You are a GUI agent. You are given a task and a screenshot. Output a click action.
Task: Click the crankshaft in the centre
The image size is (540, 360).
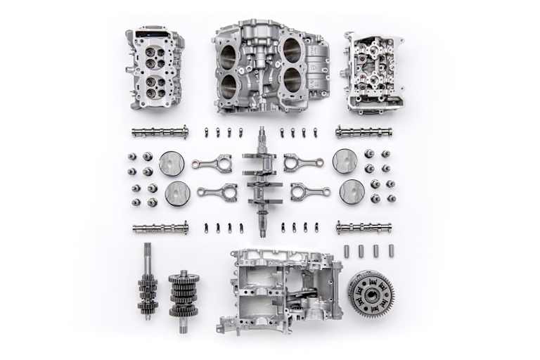[x=262, y=181]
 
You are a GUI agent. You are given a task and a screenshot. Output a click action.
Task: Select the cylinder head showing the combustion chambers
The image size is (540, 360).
[x=155, y=68]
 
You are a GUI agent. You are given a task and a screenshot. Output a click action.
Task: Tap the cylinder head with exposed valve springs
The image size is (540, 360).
[x=374, y=72]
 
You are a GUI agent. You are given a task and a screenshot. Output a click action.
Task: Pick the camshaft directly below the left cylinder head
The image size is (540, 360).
[x=160, y=131]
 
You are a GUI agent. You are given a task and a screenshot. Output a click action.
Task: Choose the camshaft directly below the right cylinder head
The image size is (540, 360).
[x=364, y=131]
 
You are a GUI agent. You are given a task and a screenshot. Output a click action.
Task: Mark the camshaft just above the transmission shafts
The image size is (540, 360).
[x=160, y=228]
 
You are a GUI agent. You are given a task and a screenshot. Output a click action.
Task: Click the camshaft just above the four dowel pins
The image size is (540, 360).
[x=364, y=227]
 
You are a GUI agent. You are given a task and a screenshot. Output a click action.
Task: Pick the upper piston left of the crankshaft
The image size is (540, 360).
[x=172, y=162]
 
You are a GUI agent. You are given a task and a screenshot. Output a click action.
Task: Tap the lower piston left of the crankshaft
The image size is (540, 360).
[x=177, y=193]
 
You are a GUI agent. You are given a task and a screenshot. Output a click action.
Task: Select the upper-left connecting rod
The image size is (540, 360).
[x=212, y=162]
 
